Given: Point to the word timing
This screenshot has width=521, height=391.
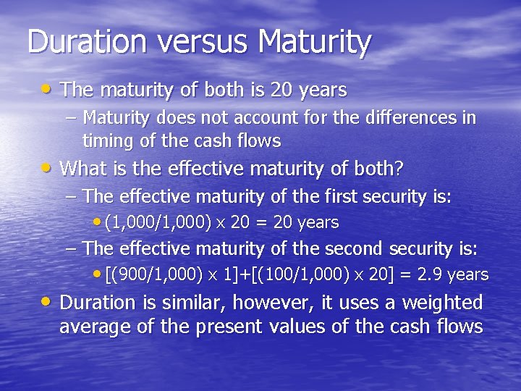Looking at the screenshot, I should point(106,140).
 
